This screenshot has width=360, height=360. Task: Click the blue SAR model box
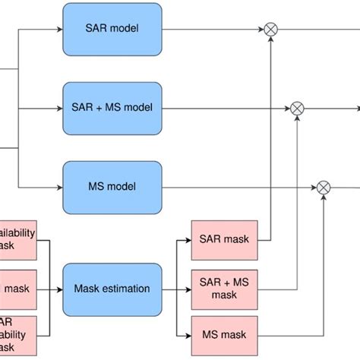[112, 29]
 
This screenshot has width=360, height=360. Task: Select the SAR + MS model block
[112, 108]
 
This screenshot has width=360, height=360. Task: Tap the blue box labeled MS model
[112, 186]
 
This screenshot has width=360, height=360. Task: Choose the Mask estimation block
[112, 289]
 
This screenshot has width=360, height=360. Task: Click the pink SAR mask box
[224, 240]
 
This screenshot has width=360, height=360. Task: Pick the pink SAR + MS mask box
[224, 289]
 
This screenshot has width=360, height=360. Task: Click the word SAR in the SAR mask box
[211, 240]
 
